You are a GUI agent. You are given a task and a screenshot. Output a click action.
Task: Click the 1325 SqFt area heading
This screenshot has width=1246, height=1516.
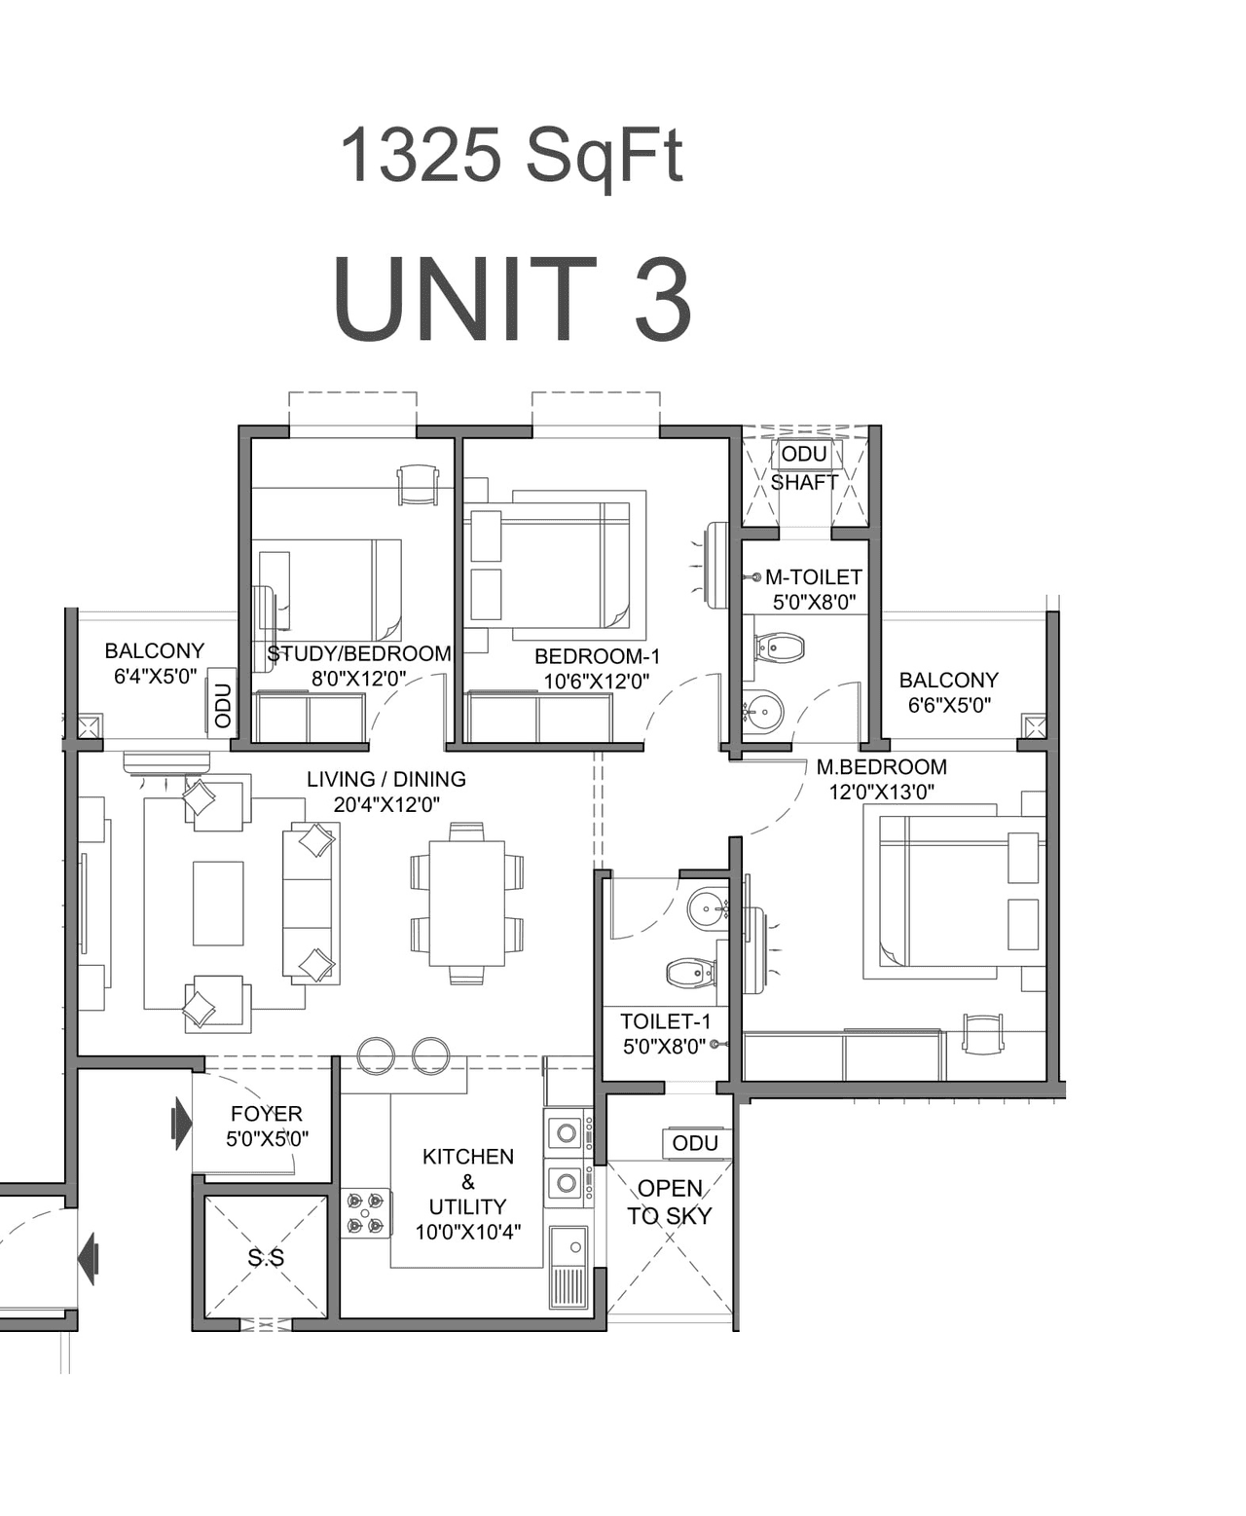coord(511,156)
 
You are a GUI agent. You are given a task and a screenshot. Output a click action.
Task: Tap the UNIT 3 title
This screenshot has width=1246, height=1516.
coord(512,300)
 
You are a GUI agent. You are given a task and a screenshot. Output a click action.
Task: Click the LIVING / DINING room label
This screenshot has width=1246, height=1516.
coord(385,779)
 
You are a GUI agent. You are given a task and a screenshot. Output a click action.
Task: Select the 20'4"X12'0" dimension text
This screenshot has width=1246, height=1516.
coord(385,804)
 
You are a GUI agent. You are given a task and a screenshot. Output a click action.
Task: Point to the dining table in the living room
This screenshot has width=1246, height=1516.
coord(466,903)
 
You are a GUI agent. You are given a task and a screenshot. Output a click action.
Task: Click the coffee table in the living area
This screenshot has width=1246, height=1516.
coord(217,903)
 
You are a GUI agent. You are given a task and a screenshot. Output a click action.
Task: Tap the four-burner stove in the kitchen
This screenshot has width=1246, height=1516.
coord(366,1213)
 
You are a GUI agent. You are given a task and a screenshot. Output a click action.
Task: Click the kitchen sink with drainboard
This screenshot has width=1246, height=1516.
coord(568,1266)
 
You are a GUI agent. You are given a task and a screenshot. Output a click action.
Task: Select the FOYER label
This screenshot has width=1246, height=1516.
coord(266,1113)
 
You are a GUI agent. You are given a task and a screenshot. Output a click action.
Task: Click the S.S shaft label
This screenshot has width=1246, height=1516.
coord(266,1258)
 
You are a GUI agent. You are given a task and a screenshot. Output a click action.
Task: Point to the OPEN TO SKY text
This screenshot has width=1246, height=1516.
coord(670,1202)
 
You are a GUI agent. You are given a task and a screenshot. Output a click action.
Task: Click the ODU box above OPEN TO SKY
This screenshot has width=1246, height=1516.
coord(695,1143)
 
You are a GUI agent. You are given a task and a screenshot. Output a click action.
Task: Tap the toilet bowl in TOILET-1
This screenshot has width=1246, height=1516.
coord(689,972)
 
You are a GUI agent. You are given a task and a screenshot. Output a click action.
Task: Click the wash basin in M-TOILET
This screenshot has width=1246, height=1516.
coord(762,711)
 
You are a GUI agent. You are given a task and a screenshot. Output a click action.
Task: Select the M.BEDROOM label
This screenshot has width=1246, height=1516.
coord(881,766)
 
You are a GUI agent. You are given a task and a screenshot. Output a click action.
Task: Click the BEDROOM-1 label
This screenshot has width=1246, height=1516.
coord(597,656)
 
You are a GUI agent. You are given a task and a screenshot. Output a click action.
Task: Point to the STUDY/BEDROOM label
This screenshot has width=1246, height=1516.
coord(359,653)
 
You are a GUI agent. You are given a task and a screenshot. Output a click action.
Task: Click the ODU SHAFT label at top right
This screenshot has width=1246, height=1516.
coord(804,467)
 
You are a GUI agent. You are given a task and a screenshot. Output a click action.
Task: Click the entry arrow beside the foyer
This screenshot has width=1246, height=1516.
coord(181,1123)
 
